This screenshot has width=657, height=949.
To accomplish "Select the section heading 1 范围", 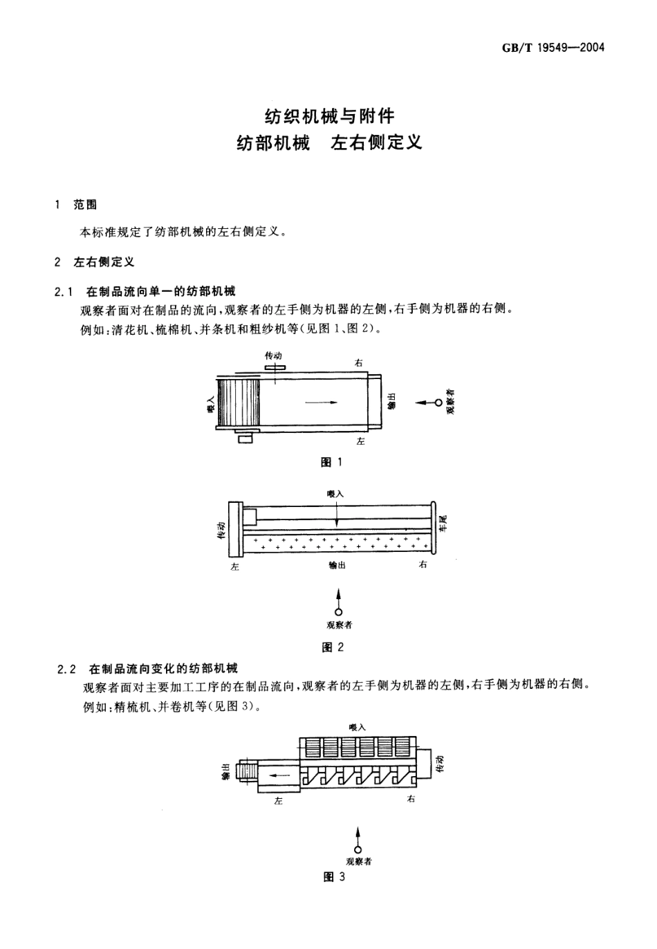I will click(77, 205).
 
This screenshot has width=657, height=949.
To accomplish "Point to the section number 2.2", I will click(66, 669).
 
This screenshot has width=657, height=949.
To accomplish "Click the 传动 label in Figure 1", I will click(273, 356).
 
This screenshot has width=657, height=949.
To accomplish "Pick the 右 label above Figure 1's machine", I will click(358, 362).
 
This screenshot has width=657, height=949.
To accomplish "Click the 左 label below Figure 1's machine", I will click(360, 441).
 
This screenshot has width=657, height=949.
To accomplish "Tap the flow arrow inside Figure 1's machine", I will click(322, 402).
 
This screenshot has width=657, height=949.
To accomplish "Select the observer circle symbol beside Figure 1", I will click(438, 402).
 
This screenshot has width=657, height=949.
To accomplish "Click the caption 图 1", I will click(331, 462).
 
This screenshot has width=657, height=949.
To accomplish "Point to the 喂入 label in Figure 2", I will click(335, 494).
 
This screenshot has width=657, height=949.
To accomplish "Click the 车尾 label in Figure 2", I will click(444, 522).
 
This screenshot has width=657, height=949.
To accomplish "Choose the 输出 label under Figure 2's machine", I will click(337, 565).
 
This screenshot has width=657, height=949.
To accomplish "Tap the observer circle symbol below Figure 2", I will click(338, 611).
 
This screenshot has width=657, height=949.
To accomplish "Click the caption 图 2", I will click(333, 647).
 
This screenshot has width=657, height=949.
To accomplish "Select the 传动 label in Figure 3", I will click(441, 764).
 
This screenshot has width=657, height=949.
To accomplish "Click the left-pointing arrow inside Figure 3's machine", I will click(279, 775).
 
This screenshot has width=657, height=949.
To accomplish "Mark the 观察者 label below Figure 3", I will click(359, 862).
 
